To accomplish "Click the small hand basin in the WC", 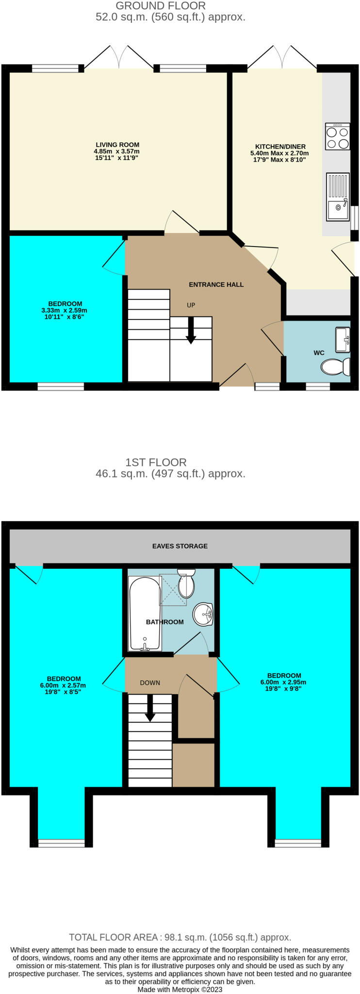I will tap(343, 338).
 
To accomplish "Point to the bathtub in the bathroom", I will tap(144, 613).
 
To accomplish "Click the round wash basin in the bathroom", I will tap(203, 614).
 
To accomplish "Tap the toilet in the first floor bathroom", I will tap(186, 584).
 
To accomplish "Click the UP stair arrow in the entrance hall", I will tap(191, 331).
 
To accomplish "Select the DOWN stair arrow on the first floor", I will tap(150, 708).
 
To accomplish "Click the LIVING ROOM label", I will tap(117, 145).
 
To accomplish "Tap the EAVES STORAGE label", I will tap(180, 546).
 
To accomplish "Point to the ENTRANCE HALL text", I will tap(216, 284).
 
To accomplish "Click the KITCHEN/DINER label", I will tap(280, 147).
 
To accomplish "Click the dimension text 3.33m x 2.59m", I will tap(65, 310).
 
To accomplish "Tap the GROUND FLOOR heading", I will tap(161, 6).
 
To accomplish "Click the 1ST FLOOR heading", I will tap(156, 462).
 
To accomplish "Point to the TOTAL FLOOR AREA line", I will tap(180, 937).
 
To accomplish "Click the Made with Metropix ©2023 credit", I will tap(180, 989).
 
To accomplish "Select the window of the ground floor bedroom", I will tap(61, 387).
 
